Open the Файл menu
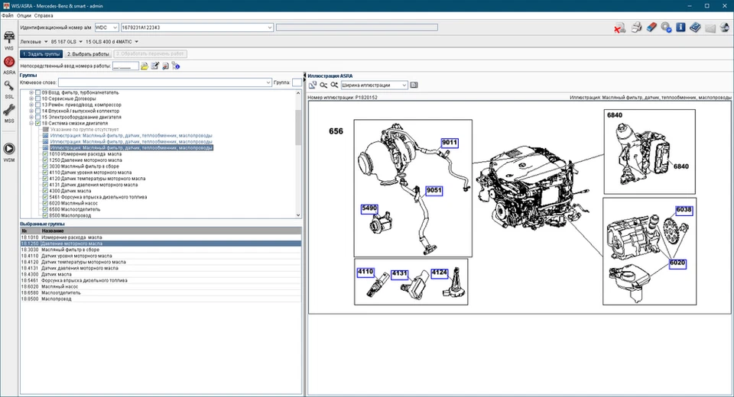tap(7, 15)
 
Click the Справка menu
tap(44, 15)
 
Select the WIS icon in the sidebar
tap(9, 40)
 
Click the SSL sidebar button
tap(9, 89)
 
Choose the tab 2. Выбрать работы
tap(89, 54)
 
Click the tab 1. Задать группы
tap(41, 54)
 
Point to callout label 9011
tap(449, 143)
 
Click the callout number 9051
tap(434, 190)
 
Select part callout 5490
tap(370, 208)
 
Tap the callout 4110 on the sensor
tap(365, 272)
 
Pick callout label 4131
tap(400, 272)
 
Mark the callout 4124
tap(439, 272)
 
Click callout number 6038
tap(683, 210)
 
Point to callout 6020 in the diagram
tap(677, 263)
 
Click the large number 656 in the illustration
tap(336, 131)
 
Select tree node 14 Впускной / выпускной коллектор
tap(80, 111)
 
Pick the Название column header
tap(53, 231)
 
